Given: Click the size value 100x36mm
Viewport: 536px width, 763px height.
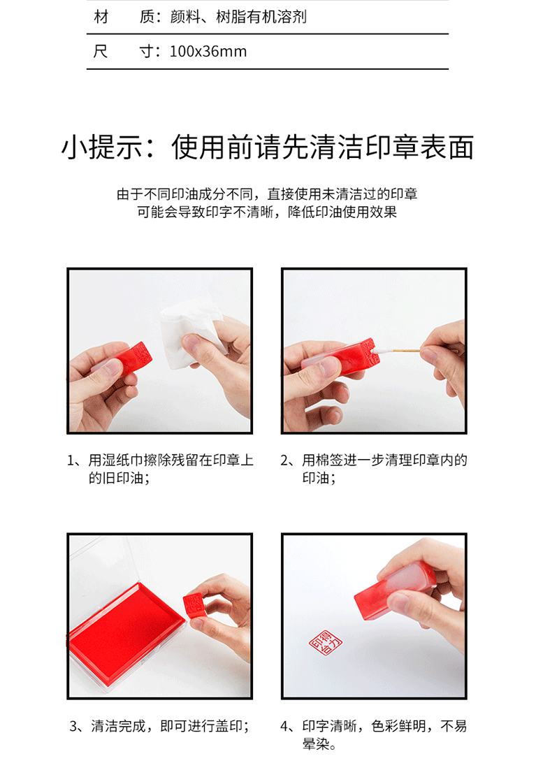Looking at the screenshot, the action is coord(208,52).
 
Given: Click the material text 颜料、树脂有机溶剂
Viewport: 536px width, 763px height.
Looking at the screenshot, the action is coord(238,17).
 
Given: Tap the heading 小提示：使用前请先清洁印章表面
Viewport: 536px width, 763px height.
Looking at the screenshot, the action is coord(268,147).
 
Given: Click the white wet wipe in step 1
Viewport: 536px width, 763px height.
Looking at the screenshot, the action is coord(190,333).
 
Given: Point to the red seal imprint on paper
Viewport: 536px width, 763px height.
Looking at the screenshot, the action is coord(326,643).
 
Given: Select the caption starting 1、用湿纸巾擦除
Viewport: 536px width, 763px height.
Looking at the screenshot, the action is coord(160,469).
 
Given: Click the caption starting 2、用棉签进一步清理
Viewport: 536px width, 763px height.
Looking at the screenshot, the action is coord(374,469).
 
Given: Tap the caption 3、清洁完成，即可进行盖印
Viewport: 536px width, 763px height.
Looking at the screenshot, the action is coord(159,727).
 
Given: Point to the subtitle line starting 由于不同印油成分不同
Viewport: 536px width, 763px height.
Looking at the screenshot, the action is coord(267,194).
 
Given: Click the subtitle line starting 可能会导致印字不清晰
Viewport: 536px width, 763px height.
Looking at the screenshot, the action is coord(267,212).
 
